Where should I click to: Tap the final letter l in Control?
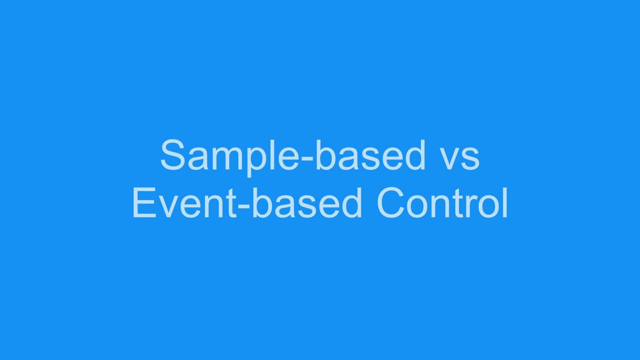[505, 203]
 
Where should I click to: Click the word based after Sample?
[370, 155]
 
